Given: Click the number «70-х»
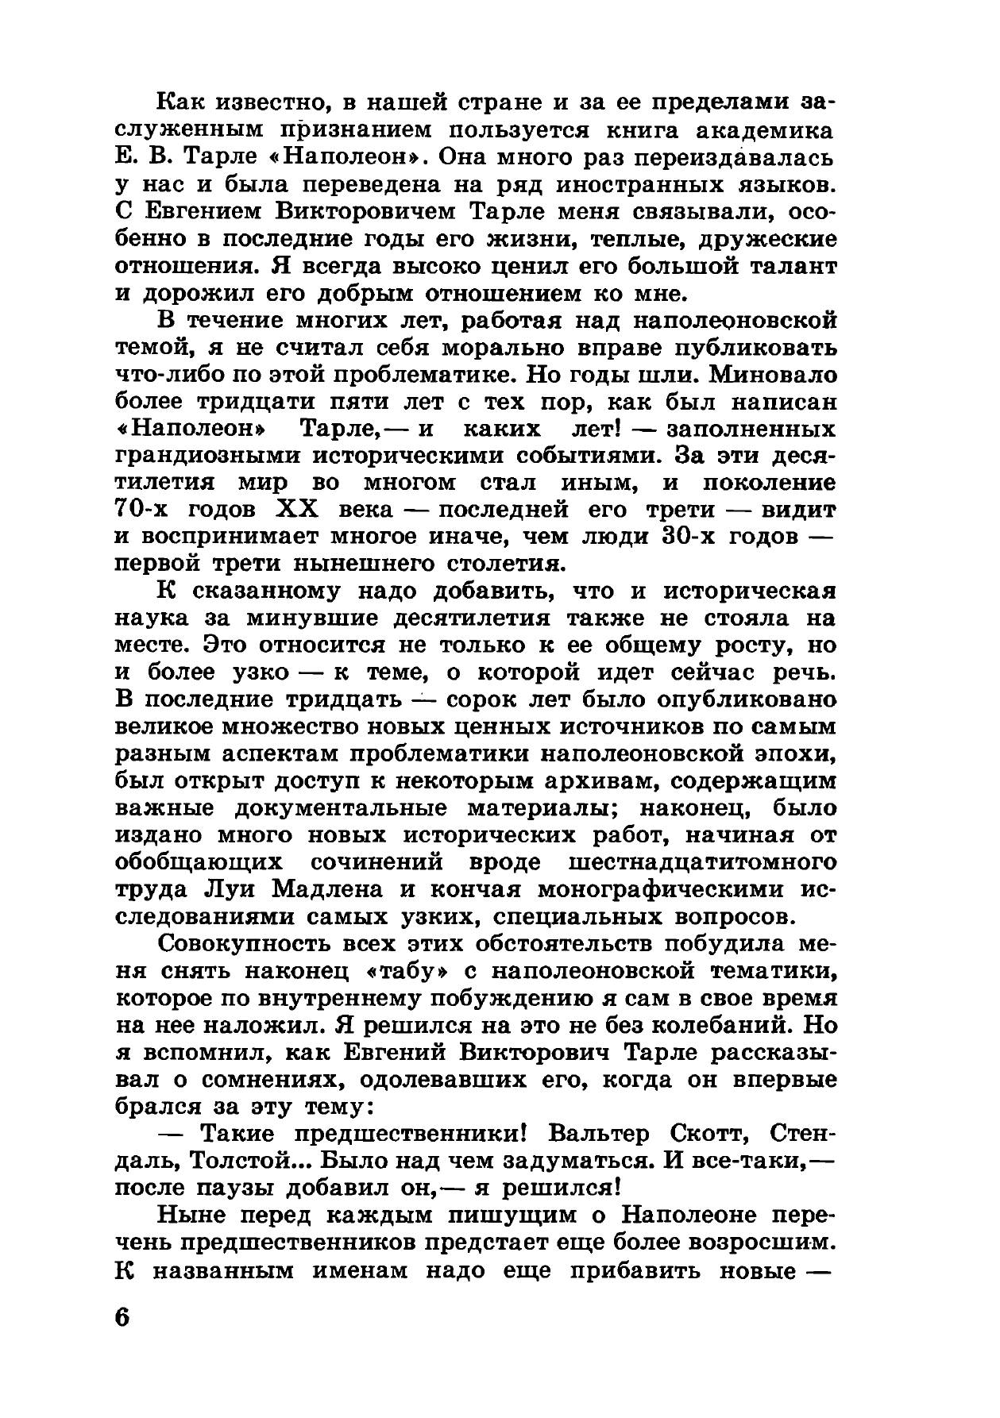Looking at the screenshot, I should click(x=149, y=509).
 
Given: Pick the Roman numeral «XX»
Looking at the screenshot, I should click(x=298, y=509).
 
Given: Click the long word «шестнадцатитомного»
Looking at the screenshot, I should click(x=702, y=862).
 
